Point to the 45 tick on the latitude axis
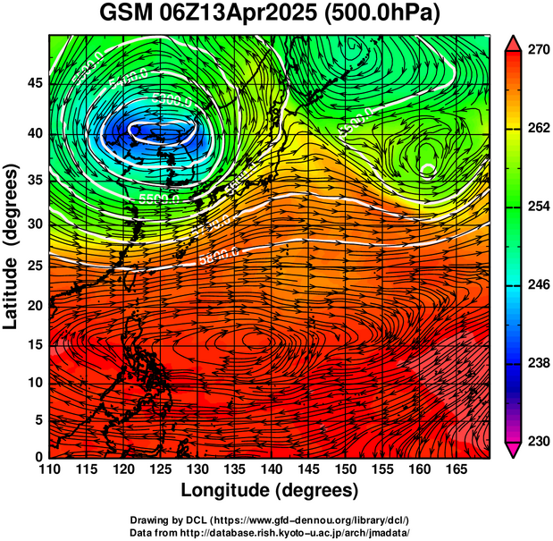pos(34,84)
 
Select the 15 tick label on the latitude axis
pos(34,346)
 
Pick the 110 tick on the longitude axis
pos(49,470)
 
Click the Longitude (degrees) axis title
pos(270,490)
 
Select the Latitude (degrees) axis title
pos(13,245)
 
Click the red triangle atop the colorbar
pos(513,42)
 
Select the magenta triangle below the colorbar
pos(513,450)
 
